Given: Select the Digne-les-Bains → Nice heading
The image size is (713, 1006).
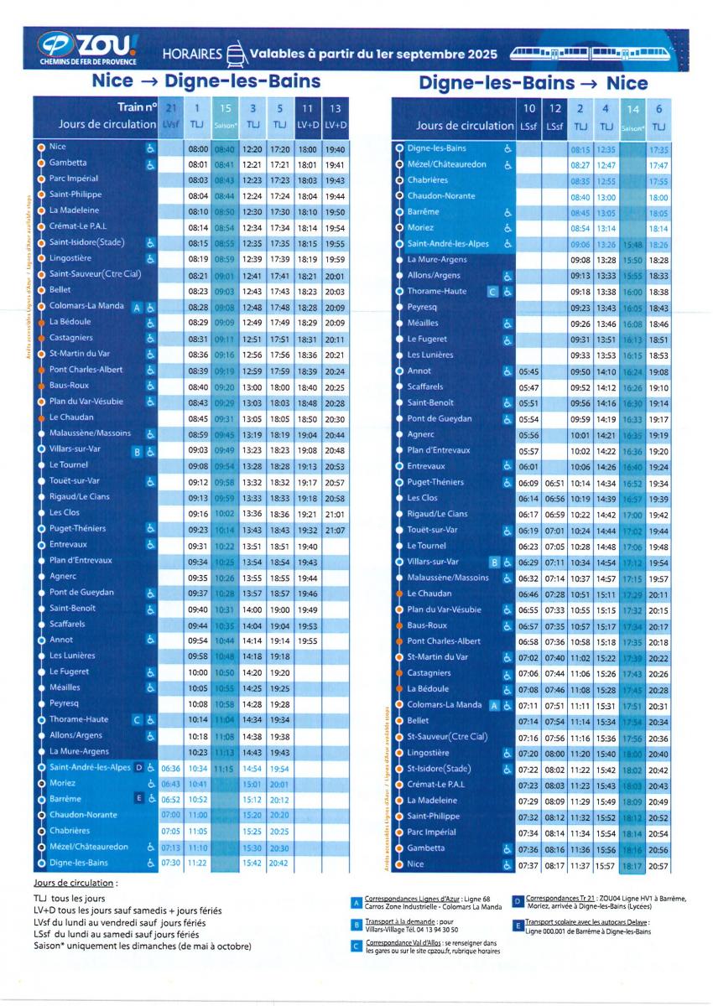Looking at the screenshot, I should coord(533,83).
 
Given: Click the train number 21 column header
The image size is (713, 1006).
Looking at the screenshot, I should coord(171,108).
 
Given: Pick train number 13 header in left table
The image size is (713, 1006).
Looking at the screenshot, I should coord(335,108).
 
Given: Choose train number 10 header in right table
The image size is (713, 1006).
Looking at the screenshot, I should coord(529,108).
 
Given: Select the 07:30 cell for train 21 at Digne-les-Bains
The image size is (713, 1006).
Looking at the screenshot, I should coord(171,863).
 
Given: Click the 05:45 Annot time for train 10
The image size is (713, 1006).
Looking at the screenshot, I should coord(529,371).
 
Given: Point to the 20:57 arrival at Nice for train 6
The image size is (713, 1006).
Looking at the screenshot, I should coord(658,865).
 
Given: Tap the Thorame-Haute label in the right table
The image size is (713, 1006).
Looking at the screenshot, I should coord(436,292).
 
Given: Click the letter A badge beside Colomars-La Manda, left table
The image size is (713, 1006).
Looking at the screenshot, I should coord(137,308).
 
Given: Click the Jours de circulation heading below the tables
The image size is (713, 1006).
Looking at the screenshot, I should coord(74,883).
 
